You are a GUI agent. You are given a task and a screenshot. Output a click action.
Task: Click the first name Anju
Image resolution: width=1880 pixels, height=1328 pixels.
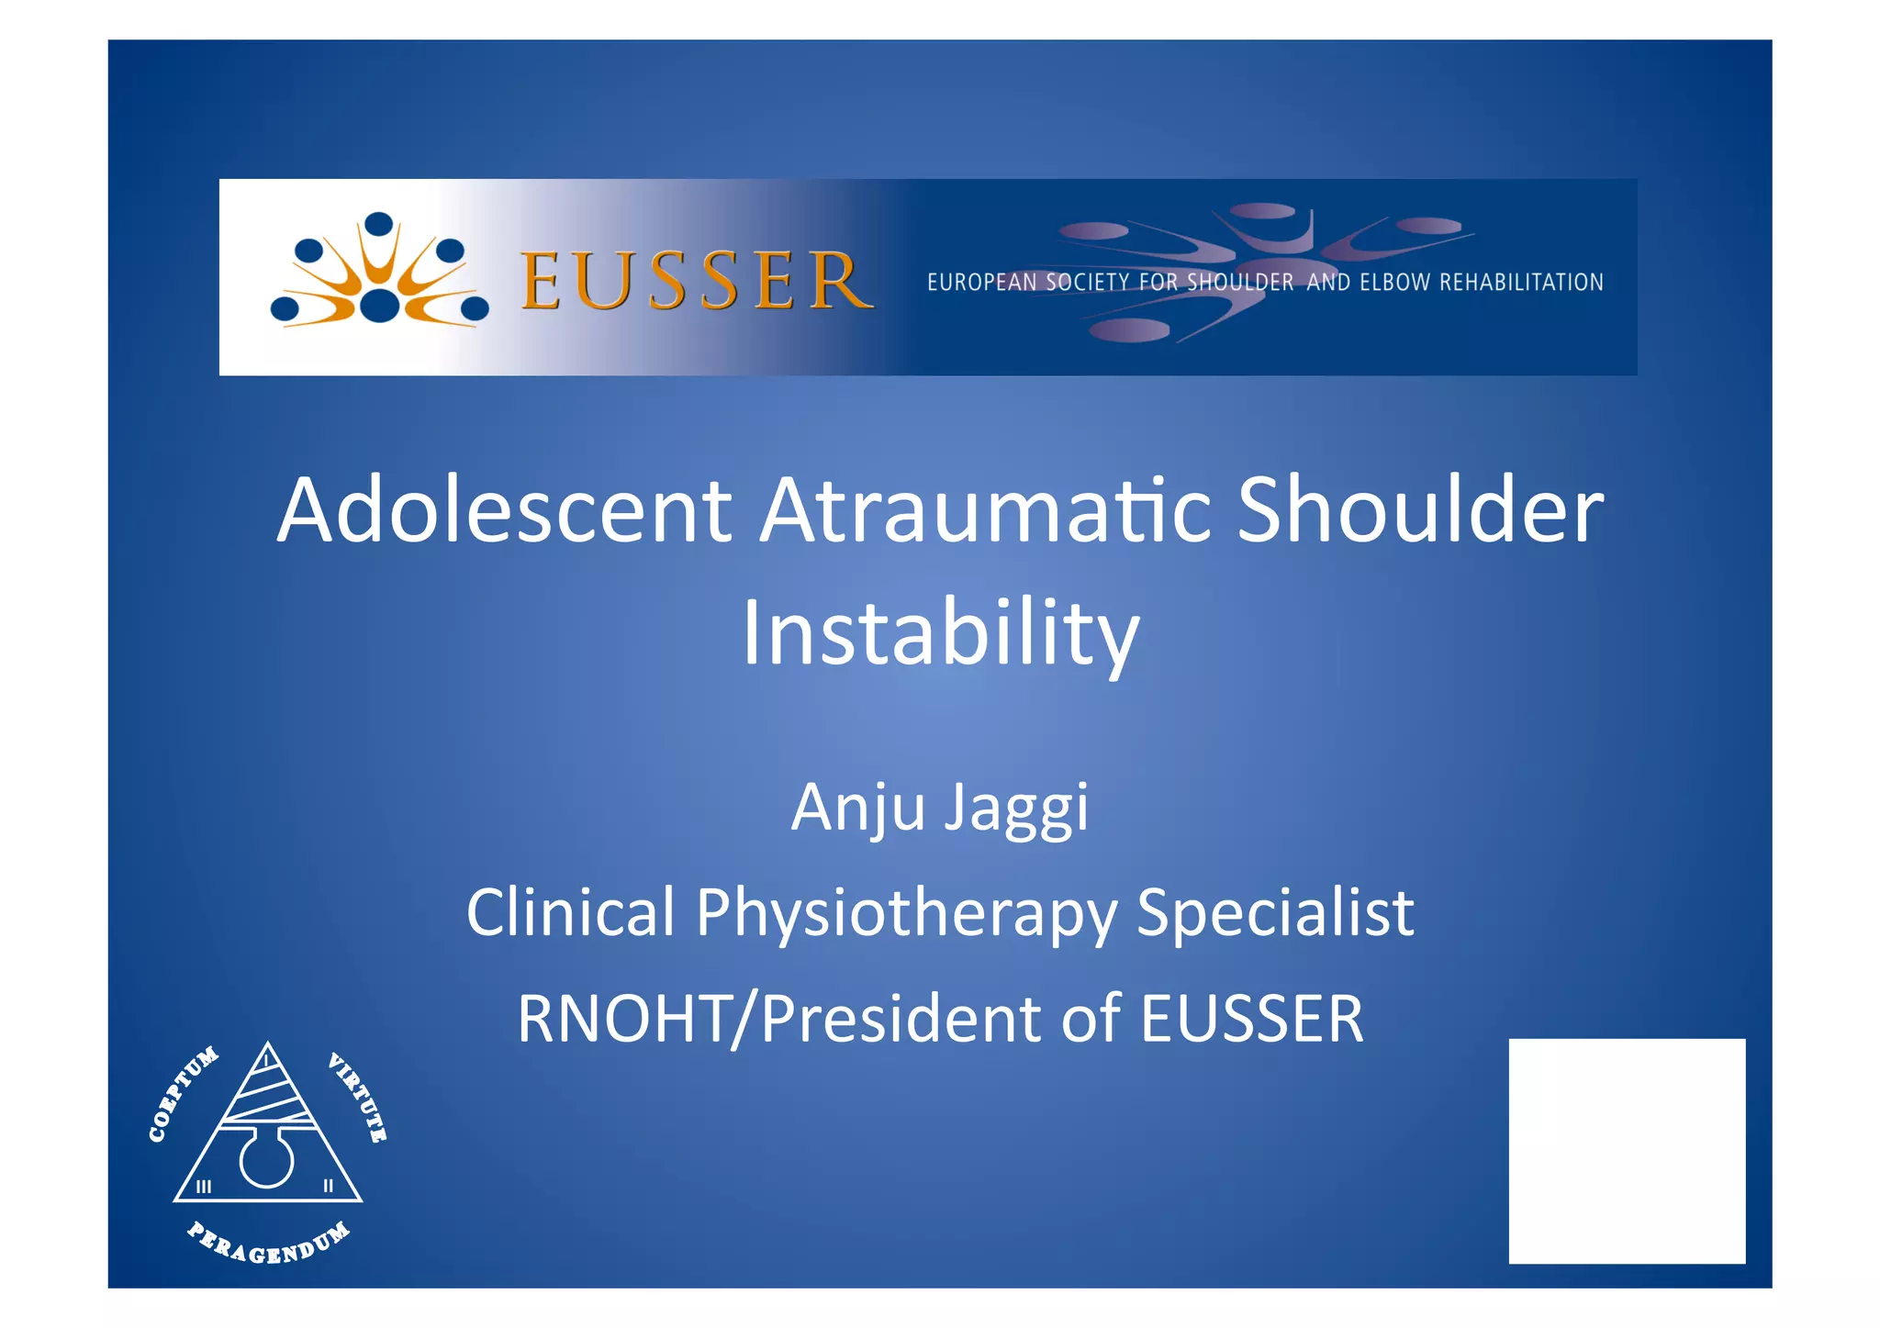858,809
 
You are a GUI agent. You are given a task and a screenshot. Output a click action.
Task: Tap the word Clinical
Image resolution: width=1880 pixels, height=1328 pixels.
570,912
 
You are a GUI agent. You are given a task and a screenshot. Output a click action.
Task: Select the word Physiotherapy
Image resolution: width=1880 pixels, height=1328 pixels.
906,914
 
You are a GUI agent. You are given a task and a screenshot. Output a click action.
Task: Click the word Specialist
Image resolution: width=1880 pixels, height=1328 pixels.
1275,912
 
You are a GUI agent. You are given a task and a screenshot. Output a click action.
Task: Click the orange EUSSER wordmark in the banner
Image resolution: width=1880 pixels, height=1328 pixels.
695,280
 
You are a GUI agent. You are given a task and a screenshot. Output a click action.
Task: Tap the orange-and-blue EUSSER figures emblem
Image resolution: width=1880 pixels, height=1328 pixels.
378,272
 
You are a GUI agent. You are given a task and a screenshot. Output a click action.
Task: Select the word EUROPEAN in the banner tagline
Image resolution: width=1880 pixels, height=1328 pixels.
980,283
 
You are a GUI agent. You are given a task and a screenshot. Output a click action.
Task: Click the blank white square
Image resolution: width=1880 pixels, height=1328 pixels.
1626,1151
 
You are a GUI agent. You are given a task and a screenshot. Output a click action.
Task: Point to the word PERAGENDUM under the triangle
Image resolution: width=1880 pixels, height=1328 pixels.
268,1244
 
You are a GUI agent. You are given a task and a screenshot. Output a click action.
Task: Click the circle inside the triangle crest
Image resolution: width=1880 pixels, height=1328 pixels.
266,1162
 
